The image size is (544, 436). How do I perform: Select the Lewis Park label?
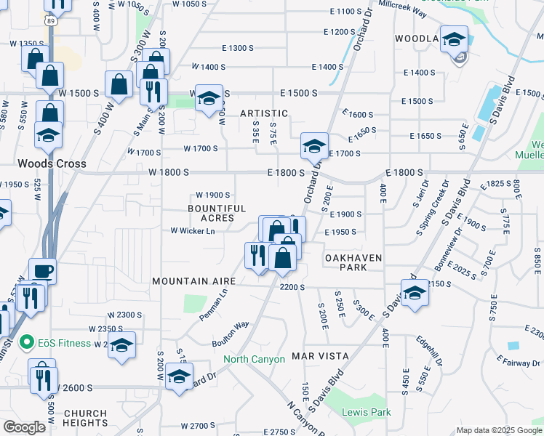coord(367,412)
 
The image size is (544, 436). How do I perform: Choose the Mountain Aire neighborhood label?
coord(193,280)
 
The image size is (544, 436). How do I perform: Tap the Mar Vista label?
coord(321,356)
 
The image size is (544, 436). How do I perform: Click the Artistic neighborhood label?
coord(264,113)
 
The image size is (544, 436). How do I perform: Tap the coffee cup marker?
coord(42,271)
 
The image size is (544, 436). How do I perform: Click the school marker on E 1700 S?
coord(314,147)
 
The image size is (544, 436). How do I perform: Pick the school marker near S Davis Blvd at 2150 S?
coord(415,294)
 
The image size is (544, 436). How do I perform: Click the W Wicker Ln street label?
coord(193,231)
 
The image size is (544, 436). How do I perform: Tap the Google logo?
coord(25,427)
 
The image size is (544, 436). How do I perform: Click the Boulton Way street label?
coord(230,334)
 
